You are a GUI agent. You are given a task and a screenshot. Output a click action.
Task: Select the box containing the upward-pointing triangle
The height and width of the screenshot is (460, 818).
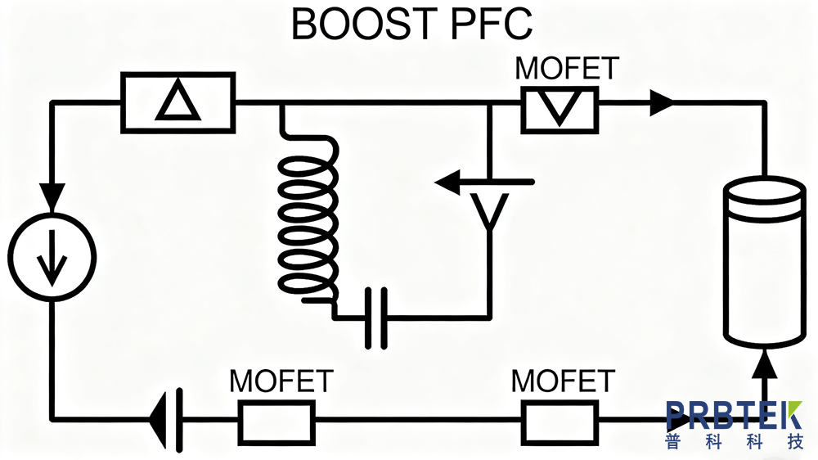pyautogui.click(x=178, y=102)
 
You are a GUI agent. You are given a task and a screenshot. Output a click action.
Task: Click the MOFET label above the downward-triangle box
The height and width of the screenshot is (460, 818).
pyautogui.click(x=567, y=69)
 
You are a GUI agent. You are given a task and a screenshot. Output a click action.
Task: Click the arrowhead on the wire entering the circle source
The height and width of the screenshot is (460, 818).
pyautogui.click(x=52, y=195)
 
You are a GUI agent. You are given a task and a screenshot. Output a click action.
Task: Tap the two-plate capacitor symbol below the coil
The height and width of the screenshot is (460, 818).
pyautogui.click(x=375, y=318)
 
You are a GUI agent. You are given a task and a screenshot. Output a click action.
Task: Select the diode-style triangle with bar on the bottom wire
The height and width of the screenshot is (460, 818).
pyautogui.click(x=167, y=421)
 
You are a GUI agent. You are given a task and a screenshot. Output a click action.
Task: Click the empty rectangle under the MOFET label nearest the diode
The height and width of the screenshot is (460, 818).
pyautogui.click(x=276, y=421)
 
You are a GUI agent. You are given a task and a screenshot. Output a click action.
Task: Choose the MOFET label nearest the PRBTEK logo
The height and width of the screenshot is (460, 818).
pyautogui.click(x=563, y=381)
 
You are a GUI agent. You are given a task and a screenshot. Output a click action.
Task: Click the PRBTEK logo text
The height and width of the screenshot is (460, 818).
pyautogui.click(x=734, y=416)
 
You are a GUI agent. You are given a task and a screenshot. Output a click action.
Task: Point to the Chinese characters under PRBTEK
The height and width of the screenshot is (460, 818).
pyautogui.click(x=734, y=444)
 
